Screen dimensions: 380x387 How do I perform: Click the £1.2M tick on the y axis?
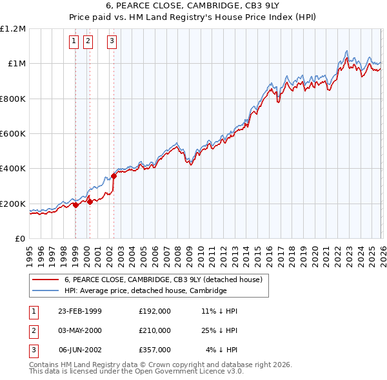[13, 29]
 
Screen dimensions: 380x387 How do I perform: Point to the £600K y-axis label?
[13, 134]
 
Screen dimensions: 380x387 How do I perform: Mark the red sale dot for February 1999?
[76, 205]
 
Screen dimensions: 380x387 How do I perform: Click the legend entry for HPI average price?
[145, 290]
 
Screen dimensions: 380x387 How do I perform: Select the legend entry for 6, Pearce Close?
[163, 280]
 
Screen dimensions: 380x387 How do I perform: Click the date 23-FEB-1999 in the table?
[80, 310]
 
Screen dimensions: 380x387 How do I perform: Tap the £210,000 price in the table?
[155, 330]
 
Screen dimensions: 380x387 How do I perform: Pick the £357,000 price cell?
[155, 350]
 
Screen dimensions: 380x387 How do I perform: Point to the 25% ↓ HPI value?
[219, 330]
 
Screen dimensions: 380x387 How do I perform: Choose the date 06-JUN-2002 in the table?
[80, 350]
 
